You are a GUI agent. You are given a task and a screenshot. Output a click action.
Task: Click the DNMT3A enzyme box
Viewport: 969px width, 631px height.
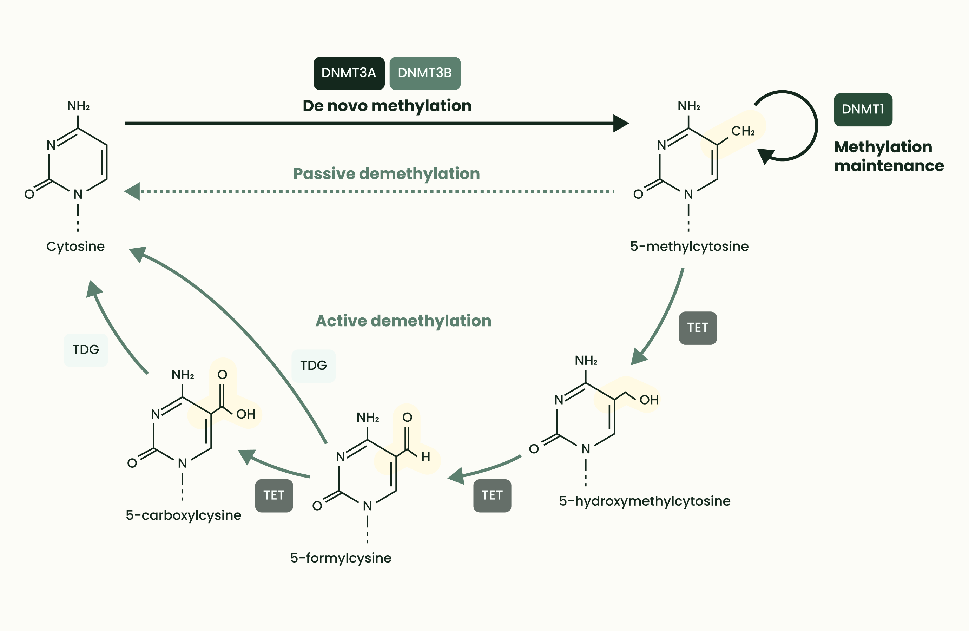349,73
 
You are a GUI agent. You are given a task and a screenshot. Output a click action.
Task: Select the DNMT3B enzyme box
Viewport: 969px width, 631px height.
425,73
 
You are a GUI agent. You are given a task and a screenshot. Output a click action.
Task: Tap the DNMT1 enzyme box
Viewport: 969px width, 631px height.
863,110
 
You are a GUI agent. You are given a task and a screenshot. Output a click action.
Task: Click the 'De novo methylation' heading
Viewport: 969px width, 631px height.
387,106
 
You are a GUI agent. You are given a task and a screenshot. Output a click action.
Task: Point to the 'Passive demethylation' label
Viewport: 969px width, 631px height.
387,174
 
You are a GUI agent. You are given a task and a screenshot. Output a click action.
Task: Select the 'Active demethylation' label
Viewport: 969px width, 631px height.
403,321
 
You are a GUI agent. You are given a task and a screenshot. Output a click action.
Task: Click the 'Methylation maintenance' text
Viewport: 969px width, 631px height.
888,156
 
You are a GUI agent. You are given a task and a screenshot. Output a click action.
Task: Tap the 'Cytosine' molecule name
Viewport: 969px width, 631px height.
75,246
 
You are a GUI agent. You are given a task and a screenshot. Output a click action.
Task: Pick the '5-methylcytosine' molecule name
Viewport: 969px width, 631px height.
689,246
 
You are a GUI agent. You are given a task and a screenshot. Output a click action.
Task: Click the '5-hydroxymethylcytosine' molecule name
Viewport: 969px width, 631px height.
645,501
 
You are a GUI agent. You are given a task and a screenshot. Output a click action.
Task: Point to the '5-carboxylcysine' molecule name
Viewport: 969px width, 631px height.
183,515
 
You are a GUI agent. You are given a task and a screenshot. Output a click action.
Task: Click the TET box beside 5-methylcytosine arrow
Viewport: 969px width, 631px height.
698,328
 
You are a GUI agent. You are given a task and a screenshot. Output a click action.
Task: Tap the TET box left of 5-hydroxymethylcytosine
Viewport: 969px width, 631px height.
492,495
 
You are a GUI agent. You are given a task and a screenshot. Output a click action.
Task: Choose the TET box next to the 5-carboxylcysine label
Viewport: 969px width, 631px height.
273,495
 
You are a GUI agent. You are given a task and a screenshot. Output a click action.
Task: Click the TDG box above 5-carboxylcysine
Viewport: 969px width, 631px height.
86,350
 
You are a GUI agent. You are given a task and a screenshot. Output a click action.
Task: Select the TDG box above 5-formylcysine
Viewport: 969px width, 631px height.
314,366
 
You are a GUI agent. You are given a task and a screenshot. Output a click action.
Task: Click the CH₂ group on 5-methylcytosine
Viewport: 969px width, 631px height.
743,131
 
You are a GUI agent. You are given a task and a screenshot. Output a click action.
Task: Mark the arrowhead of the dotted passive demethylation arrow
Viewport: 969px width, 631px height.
132,191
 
